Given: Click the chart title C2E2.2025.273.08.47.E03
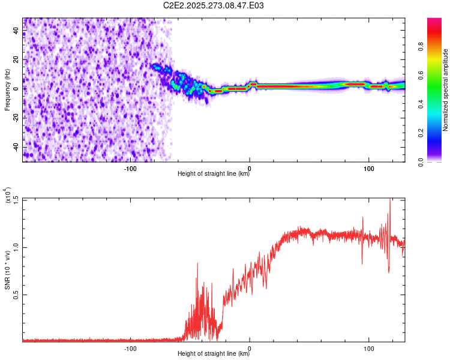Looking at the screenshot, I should tap(214, 5).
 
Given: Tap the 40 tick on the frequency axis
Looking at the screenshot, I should tap(16, 31).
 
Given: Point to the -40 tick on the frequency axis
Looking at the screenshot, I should tap(16, 147).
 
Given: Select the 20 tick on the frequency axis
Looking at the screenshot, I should tap(16, 60).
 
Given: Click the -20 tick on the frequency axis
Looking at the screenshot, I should tap(16, 118).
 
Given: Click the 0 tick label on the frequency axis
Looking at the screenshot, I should tap(16, 89).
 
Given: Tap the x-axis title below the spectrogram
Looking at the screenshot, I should tap(214, 174).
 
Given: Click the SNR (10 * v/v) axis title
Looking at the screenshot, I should tap(8, 270).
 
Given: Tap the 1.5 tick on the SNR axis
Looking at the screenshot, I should tap(16, 199).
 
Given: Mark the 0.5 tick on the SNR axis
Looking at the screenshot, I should tap(16, 295).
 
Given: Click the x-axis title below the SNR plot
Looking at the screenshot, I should tap(214, 354).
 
